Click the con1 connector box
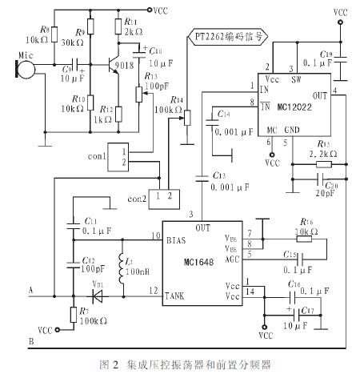tap(121, 157)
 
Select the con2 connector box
tap(165, 195)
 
